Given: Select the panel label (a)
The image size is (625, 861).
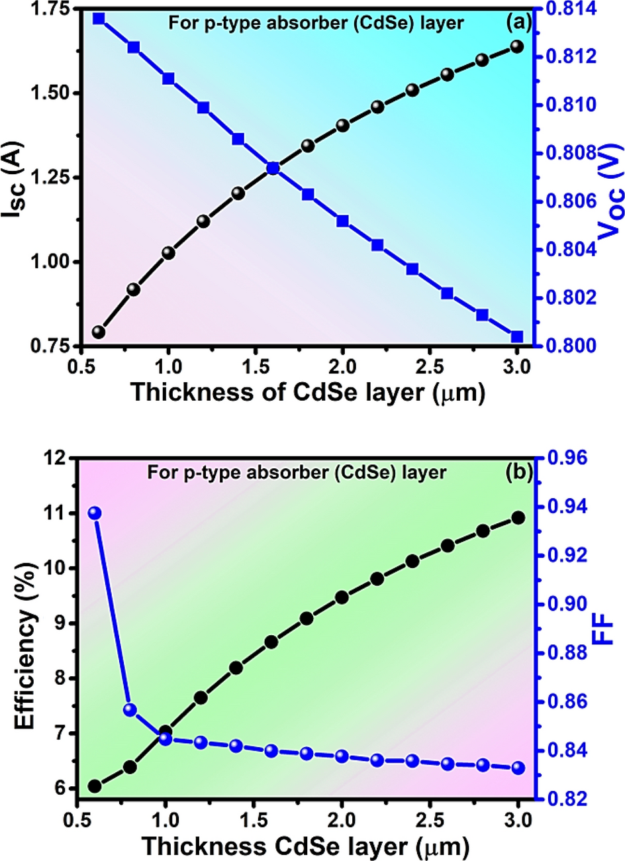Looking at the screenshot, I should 518,23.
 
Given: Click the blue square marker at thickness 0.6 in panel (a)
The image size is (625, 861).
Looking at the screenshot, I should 99,18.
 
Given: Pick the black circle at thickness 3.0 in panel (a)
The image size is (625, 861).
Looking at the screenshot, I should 517,46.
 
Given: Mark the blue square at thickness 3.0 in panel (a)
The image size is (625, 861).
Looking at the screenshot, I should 517,336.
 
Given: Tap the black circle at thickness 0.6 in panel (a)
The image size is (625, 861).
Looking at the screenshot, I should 99,332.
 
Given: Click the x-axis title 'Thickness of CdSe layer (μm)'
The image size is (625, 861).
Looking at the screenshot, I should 308,392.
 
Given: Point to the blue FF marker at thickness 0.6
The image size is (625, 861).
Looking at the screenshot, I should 95,513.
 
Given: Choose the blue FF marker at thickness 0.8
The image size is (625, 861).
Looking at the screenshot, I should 130,710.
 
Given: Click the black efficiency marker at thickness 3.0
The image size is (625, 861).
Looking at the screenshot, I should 518,518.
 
